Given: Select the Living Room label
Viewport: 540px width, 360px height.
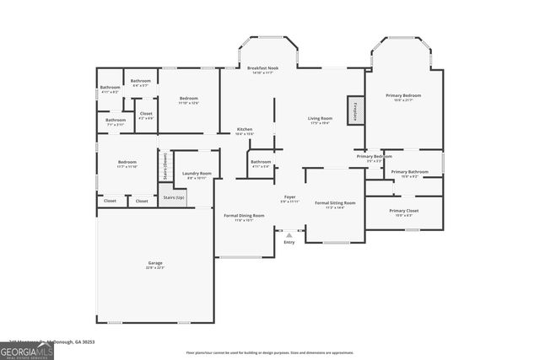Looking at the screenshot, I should (320, 119).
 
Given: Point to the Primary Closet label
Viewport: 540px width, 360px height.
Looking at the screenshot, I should (403, 211).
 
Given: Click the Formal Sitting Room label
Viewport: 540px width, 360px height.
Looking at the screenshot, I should (335, 203).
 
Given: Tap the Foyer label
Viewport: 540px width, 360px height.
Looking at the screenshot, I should (289, 197).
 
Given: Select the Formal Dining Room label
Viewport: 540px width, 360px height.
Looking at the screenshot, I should (244, 216).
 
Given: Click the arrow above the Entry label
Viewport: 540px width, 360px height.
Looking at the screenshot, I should (289, 235).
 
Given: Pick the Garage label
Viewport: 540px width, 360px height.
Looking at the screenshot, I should (155, 263).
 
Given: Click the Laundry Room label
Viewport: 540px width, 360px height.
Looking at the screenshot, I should (197, 174).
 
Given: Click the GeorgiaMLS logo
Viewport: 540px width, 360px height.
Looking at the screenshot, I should (27, 349).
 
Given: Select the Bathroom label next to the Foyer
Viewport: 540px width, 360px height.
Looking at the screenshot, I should (261, 162).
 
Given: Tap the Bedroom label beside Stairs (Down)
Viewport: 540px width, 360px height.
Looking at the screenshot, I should (127, 162).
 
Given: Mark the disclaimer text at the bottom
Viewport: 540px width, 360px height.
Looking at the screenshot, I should (269, 352).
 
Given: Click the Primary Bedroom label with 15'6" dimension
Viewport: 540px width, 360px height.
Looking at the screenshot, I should (403, 96).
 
